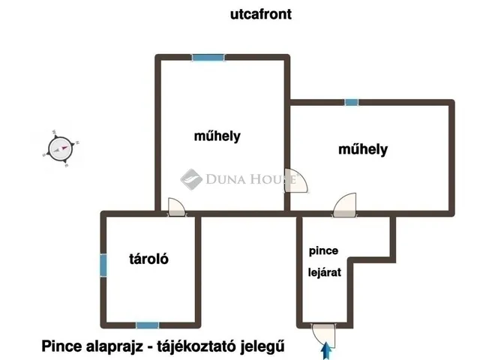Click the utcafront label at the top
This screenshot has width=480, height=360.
(x=261, y=14)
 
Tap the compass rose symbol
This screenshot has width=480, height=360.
(x=61, y=149)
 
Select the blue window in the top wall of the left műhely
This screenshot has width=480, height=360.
(x=208, y=58)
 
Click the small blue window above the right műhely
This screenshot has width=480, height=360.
(x=352, y=102)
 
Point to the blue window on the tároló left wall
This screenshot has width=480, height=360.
(x=103, y=265)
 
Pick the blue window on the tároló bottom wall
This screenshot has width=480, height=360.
(x=147, y=325)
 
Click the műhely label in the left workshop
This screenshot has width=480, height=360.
(x=217, y=136)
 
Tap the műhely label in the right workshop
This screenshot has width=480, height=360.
(x=363, y=149)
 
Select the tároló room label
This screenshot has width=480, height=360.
(x=148, y=259)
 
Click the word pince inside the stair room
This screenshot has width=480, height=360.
(x=323, y=251)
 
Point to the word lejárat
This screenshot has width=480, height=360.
(x=325, y=272)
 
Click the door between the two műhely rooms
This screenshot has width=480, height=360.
(x=295, y=181)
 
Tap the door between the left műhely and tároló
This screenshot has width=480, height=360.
(x=177, y=207)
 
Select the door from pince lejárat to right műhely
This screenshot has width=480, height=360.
(x=345, y=205)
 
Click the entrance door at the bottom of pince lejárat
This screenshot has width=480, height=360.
(x=323, y=335)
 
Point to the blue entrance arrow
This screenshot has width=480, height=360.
(x=326, y=351)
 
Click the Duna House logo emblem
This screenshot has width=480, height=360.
(x=191, y=179)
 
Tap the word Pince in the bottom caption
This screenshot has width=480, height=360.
(x=61, y=346)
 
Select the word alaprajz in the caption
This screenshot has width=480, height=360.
(x=115, y=346)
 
